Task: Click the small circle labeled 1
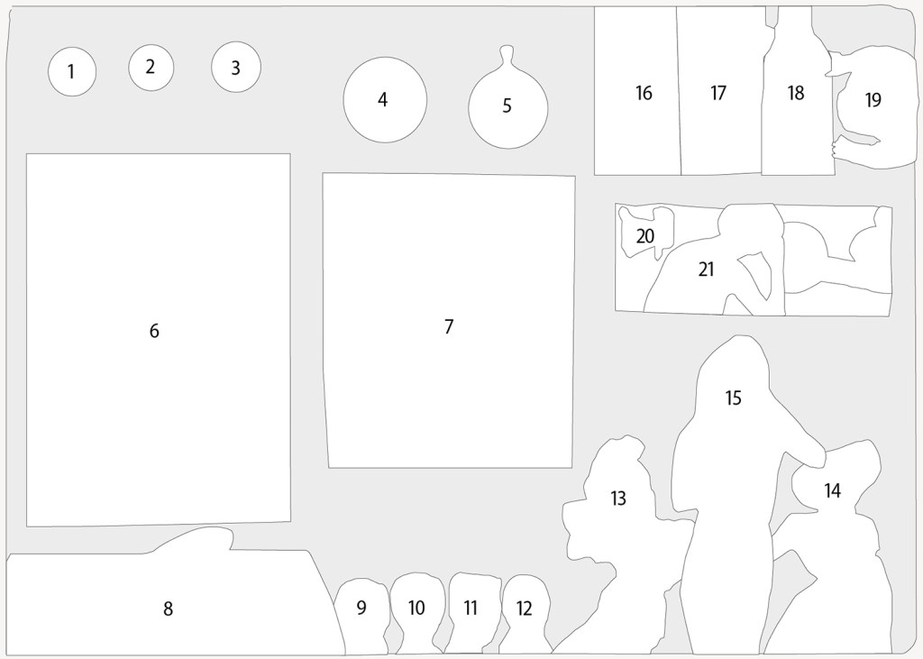coord(72,72)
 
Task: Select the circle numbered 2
coord(151,67)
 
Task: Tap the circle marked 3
coord(235,67)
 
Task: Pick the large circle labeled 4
coord(385,99)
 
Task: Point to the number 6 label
coord(153,331)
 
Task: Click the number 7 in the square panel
coord(449,326)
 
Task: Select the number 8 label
coord(168,609)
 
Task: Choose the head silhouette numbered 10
coord(416,612)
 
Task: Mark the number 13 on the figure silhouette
coord(617,499)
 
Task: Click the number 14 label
coord(832,490)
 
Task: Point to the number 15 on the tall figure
coord(733,398)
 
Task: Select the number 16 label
coord(644,93)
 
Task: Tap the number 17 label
coord(718,93)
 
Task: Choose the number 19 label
coord(873,100)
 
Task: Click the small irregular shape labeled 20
coord(646,232)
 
